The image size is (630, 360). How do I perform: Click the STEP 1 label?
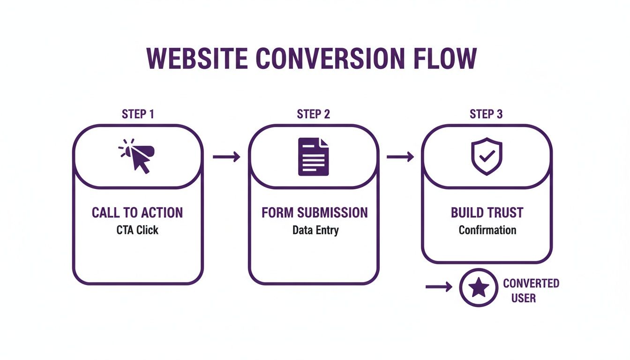(137, 114)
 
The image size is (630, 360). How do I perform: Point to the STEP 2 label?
(313, 114)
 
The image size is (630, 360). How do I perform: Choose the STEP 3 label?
(486, 114)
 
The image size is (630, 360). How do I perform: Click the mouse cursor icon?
(137, 156)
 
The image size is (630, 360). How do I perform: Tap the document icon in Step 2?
(313, 157)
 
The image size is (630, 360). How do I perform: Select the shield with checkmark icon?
(486, 156)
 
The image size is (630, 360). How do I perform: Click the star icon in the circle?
(479, 288)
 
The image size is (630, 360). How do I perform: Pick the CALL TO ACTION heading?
(137, 212)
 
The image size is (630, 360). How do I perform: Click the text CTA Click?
(137, 230)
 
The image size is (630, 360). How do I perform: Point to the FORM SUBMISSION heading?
(315, 212)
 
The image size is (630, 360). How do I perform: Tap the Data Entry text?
(315, 231)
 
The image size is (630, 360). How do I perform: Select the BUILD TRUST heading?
(487, 212)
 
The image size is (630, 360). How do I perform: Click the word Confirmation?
(487, 230)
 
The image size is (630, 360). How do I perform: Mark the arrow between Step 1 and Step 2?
(226, 157)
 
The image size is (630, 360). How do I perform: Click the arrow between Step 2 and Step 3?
(400, 157)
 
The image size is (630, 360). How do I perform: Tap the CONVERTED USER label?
(531, 290)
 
